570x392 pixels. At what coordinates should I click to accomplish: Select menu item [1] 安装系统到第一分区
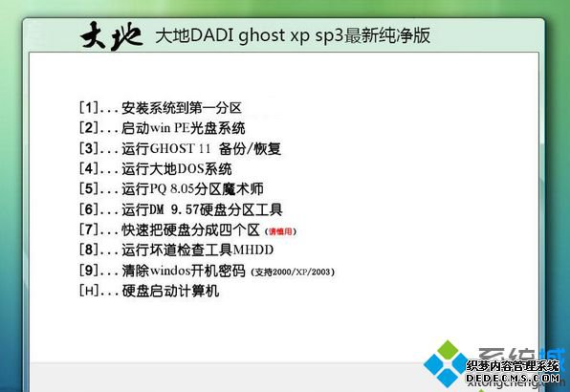(161, 107)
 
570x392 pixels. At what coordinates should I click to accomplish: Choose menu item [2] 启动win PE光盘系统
(163, 127)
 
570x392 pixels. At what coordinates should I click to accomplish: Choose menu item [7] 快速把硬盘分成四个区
(178, 229)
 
